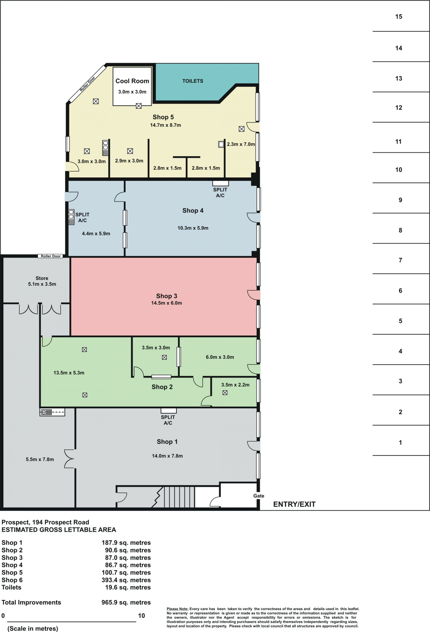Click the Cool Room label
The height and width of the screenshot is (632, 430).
(x=132, y=81)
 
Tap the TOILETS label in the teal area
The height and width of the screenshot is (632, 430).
(x=193, y=81)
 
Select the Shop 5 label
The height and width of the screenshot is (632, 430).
(x=163, y=117)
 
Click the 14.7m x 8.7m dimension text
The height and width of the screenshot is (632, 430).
(x=166, y=125)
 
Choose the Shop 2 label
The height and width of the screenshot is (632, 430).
(x=162, y=387)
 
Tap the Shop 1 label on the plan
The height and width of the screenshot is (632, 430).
(x=167, y=441)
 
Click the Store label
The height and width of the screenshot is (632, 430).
(x=42, y=278)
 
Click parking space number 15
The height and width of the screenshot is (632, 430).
(x=398, y=17)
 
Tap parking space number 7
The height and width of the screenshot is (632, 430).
(x=400, y=260)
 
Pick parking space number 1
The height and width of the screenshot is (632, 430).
(x=400, y=442)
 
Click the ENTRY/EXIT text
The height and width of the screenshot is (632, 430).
(x=294, y=504)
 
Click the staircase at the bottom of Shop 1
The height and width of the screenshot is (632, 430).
(x=179, y=497)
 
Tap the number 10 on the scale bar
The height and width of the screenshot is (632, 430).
(x=142, y=616)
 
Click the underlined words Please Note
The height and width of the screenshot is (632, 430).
(x=177, y=609)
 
